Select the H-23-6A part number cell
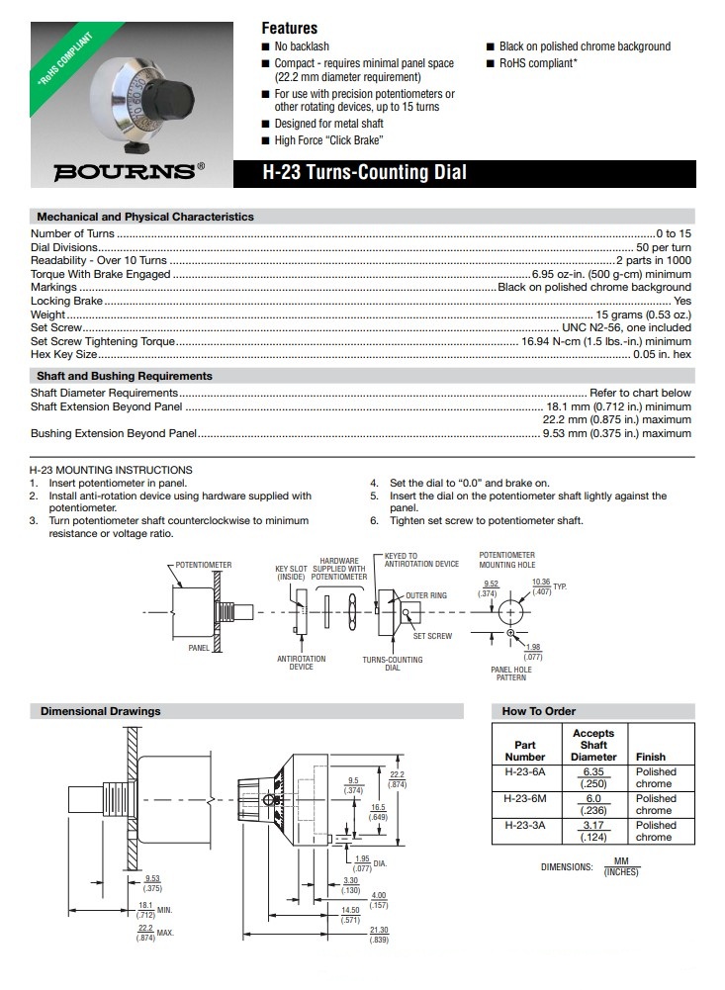tap(524, 771)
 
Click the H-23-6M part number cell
tap(524, 798)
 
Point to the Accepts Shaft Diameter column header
tap(593, 745)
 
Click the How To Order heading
tap(539, 711)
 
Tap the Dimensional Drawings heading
tap(100, 711)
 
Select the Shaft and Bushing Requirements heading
tap(125, 376)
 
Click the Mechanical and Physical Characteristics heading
tap(145, 217)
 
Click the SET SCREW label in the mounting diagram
tap(432, 636)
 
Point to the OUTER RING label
tap(426, 595)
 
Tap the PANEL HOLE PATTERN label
tap(511, 674)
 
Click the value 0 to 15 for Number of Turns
tap(673, 233)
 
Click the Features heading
tap(289, 29)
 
